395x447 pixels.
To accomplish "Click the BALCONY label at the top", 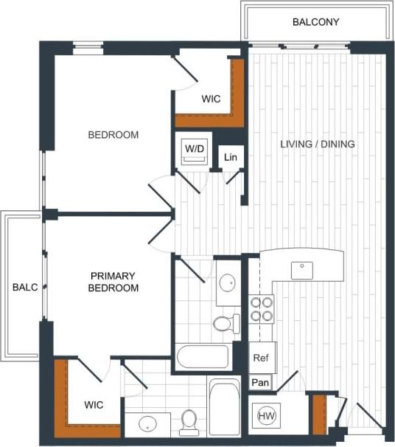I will pos(315,22).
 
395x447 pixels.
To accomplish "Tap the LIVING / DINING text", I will pos(318,145).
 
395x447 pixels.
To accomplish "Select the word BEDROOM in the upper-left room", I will pos(113,135).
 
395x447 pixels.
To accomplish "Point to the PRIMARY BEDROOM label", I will pos(113,282).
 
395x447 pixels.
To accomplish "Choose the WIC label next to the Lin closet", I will pos(211,99).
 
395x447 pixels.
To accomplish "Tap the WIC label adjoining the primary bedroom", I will pos(94,405).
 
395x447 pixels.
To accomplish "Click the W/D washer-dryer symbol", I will pos(195,151).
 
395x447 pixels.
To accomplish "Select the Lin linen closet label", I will pos(231,156).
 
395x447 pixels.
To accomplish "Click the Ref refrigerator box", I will pos(261,358).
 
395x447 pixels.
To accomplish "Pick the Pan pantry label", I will pos(259,383).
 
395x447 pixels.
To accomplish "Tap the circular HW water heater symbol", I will pos(266,416).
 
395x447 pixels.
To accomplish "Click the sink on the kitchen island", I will pos(302,270).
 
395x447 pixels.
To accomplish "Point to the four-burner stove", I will pos(262,309).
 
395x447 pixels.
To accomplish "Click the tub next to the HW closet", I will pos(224,406).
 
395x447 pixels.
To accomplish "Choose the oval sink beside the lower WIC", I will pos(148,424).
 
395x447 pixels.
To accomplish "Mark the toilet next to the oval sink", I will pos(189,422).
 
